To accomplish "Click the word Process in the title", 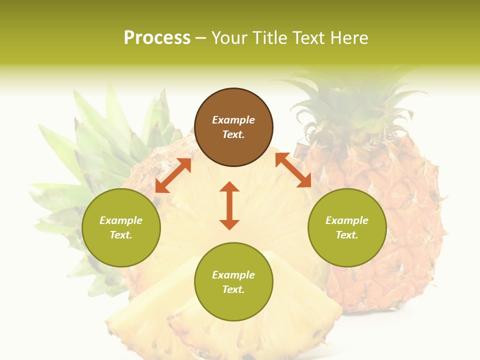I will pos(157,38).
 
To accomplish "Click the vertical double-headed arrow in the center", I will pos(229,206).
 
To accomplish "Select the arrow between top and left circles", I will pos(173,175).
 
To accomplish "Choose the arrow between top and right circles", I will pos(293,170).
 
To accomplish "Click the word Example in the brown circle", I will pos(233,120).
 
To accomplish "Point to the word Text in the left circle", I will pos(121,235).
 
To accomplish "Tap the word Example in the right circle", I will pos(347,220).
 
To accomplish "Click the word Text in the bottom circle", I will pos(233,289).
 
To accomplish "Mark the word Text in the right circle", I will pos(347,235).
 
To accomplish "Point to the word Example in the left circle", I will pos(121,220).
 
